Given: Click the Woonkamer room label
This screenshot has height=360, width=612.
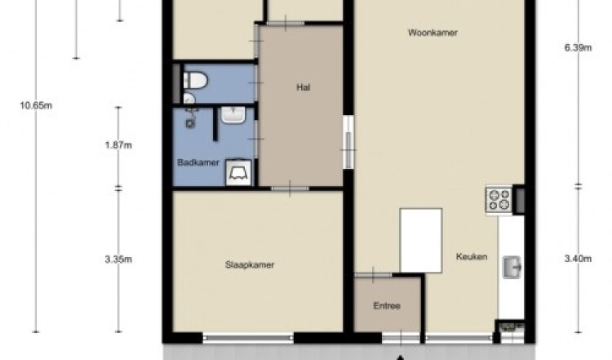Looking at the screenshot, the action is [432, 33].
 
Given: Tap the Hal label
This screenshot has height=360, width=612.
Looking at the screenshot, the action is [304, 87].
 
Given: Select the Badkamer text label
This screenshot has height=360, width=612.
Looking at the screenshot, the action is [198, 162].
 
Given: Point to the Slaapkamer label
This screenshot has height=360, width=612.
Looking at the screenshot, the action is [250, 264].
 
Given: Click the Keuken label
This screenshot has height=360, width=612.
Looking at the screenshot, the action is [472, 256].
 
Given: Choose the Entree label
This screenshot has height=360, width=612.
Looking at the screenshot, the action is [387, 306].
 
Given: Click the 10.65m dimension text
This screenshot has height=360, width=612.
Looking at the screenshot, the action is [36, 105].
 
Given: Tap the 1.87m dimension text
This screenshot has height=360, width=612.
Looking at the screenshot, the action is [118, 145].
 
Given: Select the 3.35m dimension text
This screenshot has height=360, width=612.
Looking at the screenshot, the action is [118, 260].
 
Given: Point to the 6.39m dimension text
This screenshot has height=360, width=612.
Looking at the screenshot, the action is [578, 48].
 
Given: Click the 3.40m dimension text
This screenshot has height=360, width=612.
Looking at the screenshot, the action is [578, 259].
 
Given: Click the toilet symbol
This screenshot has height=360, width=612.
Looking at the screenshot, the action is [195, 81].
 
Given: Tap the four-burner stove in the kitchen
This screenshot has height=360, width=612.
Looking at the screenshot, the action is [499, 199].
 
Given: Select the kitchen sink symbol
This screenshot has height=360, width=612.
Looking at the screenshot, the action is [512, 267].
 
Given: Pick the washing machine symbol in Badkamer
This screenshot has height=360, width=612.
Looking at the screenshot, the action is [238, 172].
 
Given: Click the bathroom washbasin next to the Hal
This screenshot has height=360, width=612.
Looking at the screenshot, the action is [233, 115].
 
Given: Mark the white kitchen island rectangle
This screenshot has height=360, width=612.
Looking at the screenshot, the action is [421, 241].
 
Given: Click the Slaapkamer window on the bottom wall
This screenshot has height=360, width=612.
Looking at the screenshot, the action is [248, 337].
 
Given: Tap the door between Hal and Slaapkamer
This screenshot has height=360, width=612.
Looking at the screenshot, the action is [290, 189].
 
